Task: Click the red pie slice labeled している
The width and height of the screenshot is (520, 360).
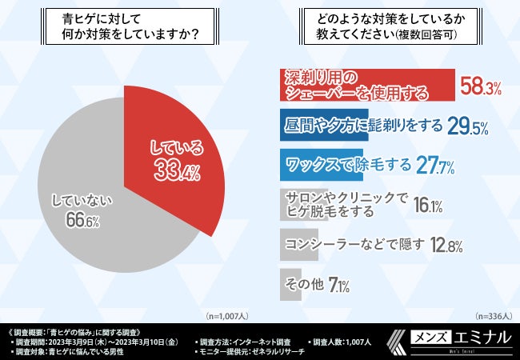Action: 180,160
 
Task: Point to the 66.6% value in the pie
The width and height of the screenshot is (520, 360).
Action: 78,222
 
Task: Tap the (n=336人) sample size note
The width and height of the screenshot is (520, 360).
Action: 493,315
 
